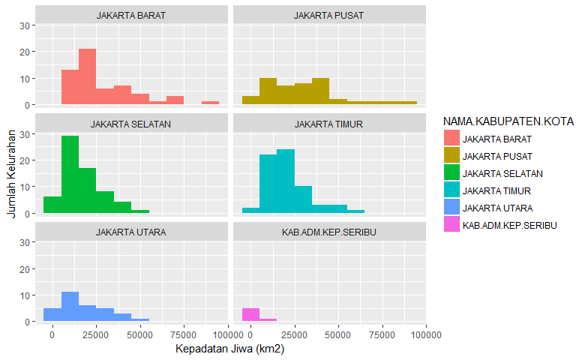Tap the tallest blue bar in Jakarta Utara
click(x=70, y=307)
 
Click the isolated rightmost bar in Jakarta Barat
click(x=210, y=103)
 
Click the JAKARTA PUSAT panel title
click(x=329, y=15)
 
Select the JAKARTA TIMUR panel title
click(x=329, y=124)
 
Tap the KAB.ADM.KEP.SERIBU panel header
click(x=329, y=232)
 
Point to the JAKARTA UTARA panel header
click(x=130, y=232)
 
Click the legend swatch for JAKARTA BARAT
click(x=451, y=139)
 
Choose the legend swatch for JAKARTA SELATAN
click(x=451, y=173)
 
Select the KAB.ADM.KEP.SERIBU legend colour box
click(x=451, y=225)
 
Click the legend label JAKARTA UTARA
click(x=498, y=208)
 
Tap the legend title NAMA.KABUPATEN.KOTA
click(x=508, y=121)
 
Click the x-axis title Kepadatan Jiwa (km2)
click(x=230, y=349)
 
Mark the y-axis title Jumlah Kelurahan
click(x=10, y=173)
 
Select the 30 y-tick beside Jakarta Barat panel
click(x=24, y=25)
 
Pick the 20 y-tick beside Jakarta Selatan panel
click(x=24, y=160)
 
